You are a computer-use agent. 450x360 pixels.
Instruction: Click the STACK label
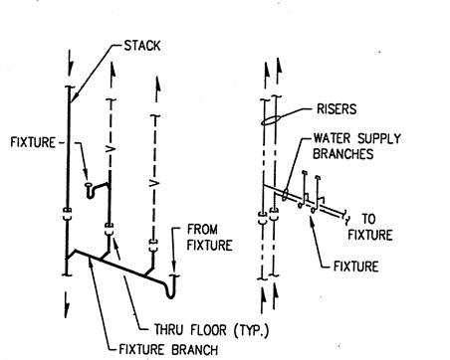(142, 46)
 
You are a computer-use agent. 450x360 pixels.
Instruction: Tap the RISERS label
(337, 109)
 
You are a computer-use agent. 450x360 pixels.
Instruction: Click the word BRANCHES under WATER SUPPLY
(343, 154)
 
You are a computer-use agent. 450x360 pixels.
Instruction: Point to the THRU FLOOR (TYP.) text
(211, 330)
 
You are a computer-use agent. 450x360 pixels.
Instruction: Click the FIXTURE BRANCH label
(168, 350)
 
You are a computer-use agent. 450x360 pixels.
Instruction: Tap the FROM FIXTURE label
(209, 238)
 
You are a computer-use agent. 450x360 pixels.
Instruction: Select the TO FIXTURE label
(370, 227)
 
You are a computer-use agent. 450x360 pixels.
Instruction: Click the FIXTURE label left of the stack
(33, 142)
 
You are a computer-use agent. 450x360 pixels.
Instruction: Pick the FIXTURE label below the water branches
(355, 267)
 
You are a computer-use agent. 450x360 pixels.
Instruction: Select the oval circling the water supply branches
(285, 194)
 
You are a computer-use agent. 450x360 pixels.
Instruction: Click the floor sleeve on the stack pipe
(67, 214)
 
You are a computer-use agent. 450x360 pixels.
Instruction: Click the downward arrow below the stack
(67, 305)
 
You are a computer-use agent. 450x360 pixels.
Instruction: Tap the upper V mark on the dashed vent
(112, 149)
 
